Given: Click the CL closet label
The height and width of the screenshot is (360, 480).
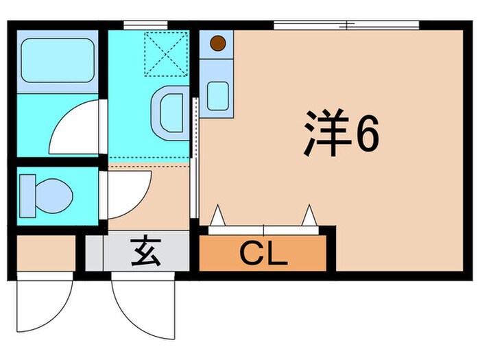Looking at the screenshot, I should coord(262,254).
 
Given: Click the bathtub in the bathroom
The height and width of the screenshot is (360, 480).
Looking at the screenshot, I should coord(57,60).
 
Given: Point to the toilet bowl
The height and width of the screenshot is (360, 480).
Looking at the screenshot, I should coord(48,195).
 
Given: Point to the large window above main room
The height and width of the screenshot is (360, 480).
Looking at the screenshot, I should coord(346,25).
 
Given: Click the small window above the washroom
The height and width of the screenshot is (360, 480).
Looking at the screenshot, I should coord(146,26).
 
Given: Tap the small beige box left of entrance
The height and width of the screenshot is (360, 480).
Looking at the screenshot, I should coord(45,252).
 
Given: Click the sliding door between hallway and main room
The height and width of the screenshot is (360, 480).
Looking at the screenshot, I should coord(195,158).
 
